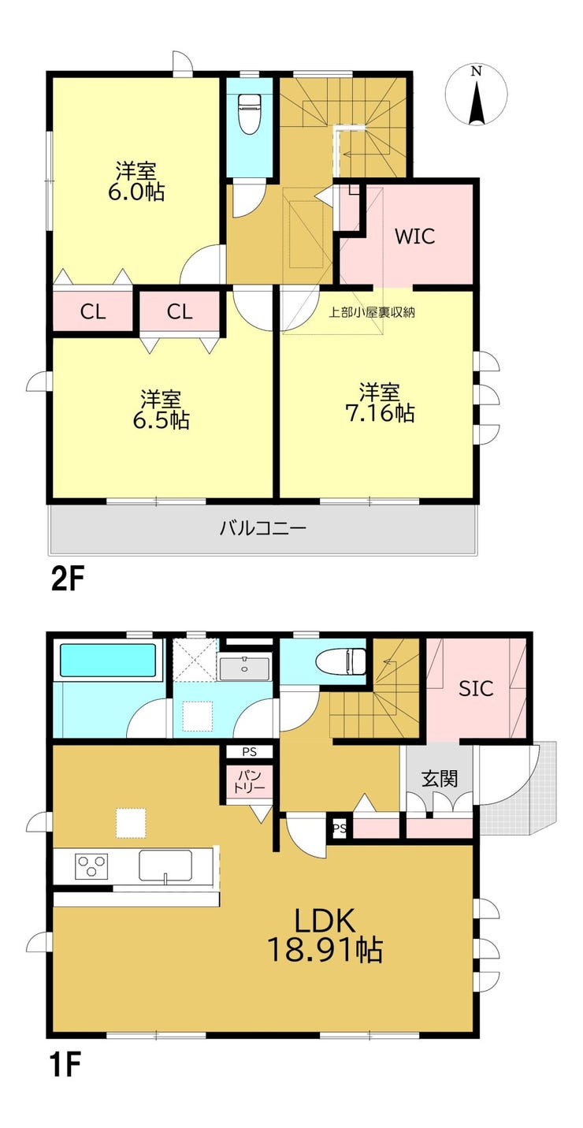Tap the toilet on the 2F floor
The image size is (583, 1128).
pyautogui.click(x=249, y=114)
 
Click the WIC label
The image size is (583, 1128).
pyautogui.click(x=415, y=236)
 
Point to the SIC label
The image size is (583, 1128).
pyautogui.click(x=476, y=688)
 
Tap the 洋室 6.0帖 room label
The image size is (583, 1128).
pyautogui.click(x=136, y=181)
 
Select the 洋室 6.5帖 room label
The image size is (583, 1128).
pyautogui.click(x=161, y=409)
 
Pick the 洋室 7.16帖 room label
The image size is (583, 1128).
pyautogui.click(x=380, y=402)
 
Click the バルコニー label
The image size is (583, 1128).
pyautogui.click(x=263, y=529)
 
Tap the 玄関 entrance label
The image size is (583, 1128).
pyautogui.click(x=440, y=779)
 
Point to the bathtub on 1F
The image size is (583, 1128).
pyautogui.click(x=108, y=661)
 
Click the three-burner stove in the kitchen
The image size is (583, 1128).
pyautogui.click(x=91, y=866)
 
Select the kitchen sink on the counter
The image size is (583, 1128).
pyautogui.click(x=165, y=866)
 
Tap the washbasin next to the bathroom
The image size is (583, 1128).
pyautogui.click(x=245, y=668)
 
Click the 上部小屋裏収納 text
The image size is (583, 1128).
pyautogui.click(x=372, y=312)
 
